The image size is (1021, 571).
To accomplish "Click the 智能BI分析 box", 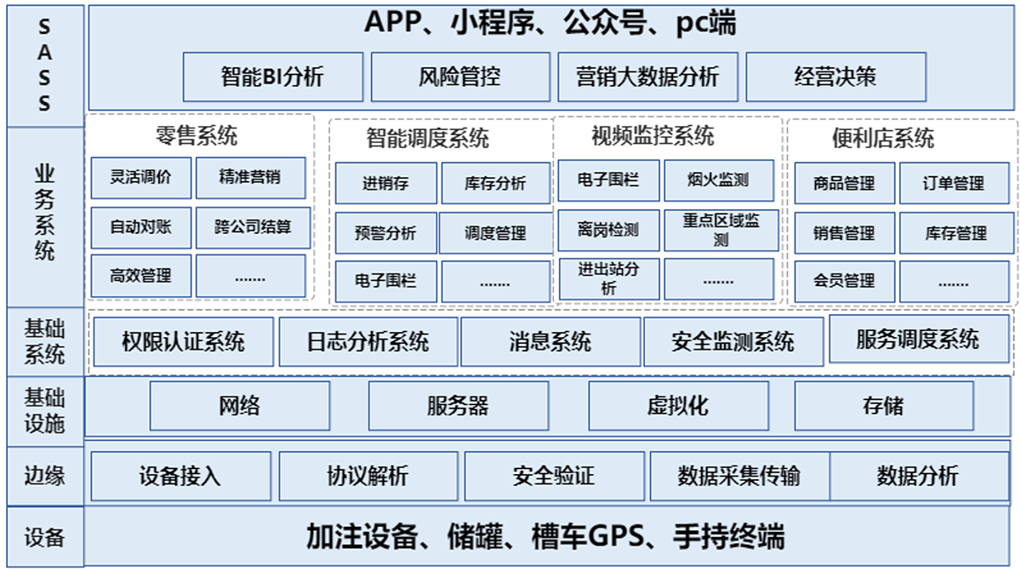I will [272, 77].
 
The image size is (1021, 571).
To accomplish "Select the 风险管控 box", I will [460, 77].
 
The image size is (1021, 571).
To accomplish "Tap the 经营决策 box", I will [836, 77].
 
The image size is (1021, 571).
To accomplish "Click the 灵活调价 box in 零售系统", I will [140, 178].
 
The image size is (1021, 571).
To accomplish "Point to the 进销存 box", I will [385, 183].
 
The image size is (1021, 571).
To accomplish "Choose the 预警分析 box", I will [385, 232].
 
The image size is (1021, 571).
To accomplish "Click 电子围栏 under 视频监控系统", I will [607, 180].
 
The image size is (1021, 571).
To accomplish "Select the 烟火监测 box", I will [719, 180].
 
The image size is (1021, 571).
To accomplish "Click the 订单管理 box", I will [954, 183].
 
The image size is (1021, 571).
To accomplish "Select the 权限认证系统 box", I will [183, 342].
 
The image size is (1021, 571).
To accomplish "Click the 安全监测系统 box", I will [733, 342].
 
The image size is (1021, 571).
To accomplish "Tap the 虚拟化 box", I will [677, 406].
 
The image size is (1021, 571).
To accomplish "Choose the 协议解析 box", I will [368, 476].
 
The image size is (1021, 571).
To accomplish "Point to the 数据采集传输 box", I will [739, 476].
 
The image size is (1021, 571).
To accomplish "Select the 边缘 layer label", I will [43, 476].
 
